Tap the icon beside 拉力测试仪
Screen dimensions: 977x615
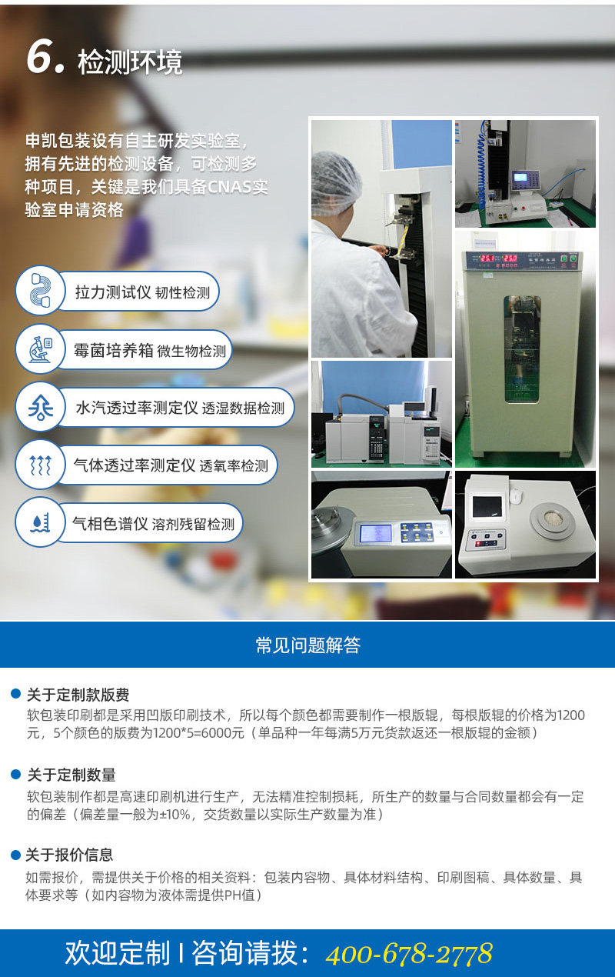click(40, 291)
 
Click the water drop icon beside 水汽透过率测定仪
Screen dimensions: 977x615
click(40, 407)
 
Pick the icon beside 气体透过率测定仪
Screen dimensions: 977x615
click(40, 465)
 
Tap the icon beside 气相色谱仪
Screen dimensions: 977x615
click(40, 522)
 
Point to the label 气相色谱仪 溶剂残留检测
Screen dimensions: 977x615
click(153, 523)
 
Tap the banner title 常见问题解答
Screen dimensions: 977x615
click(307, 645)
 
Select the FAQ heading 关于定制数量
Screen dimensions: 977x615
click(71, 775)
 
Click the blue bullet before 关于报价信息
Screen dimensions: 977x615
click(15, 855)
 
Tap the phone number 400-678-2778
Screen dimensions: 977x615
click(409, 954)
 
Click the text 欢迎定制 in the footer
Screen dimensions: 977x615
click(117, 953)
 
